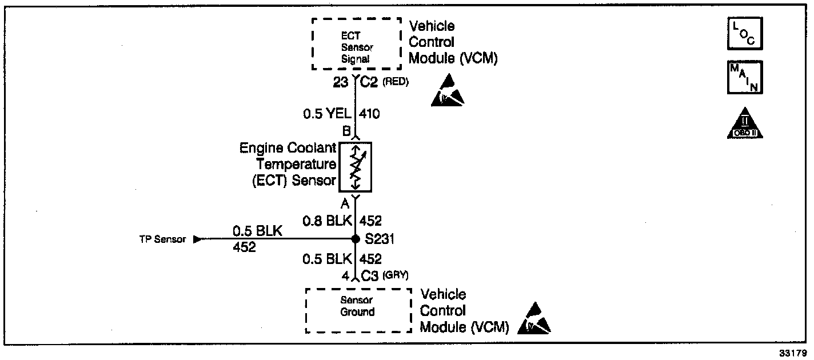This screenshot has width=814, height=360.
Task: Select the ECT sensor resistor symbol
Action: pos(356,167)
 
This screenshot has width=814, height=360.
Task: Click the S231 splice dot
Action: pos(356,239)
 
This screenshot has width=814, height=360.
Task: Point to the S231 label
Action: pos(380,239)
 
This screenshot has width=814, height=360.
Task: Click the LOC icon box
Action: pos(745,33)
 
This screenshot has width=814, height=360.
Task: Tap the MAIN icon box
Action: pos(745,77)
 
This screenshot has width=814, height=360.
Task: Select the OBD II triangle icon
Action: pos(745,123)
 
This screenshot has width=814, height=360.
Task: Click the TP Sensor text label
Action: pos(162,239)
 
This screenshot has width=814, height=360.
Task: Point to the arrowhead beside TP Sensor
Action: pos(198,239)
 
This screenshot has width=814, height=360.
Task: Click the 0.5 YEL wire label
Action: pos(327,114)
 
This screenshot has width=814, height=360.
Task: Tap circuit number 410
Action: pos(369,114)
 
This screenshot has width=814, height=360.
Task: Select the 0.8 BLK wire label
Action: pos(327,221)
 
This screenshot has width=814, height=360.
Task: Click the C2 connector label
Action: pos(369,82)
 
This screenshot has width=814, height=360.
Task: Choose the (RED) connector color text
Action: pos(396,82)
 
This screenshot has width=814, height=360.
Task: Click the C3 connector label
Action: pos(370,276)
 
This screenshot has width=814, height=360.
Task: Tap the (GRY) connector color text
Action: pos(396,275)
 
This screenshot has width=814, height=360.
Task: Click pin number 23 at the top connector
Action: pos(341,82)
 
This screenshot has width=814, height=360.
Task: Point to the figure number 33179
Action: pos(793,353)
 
